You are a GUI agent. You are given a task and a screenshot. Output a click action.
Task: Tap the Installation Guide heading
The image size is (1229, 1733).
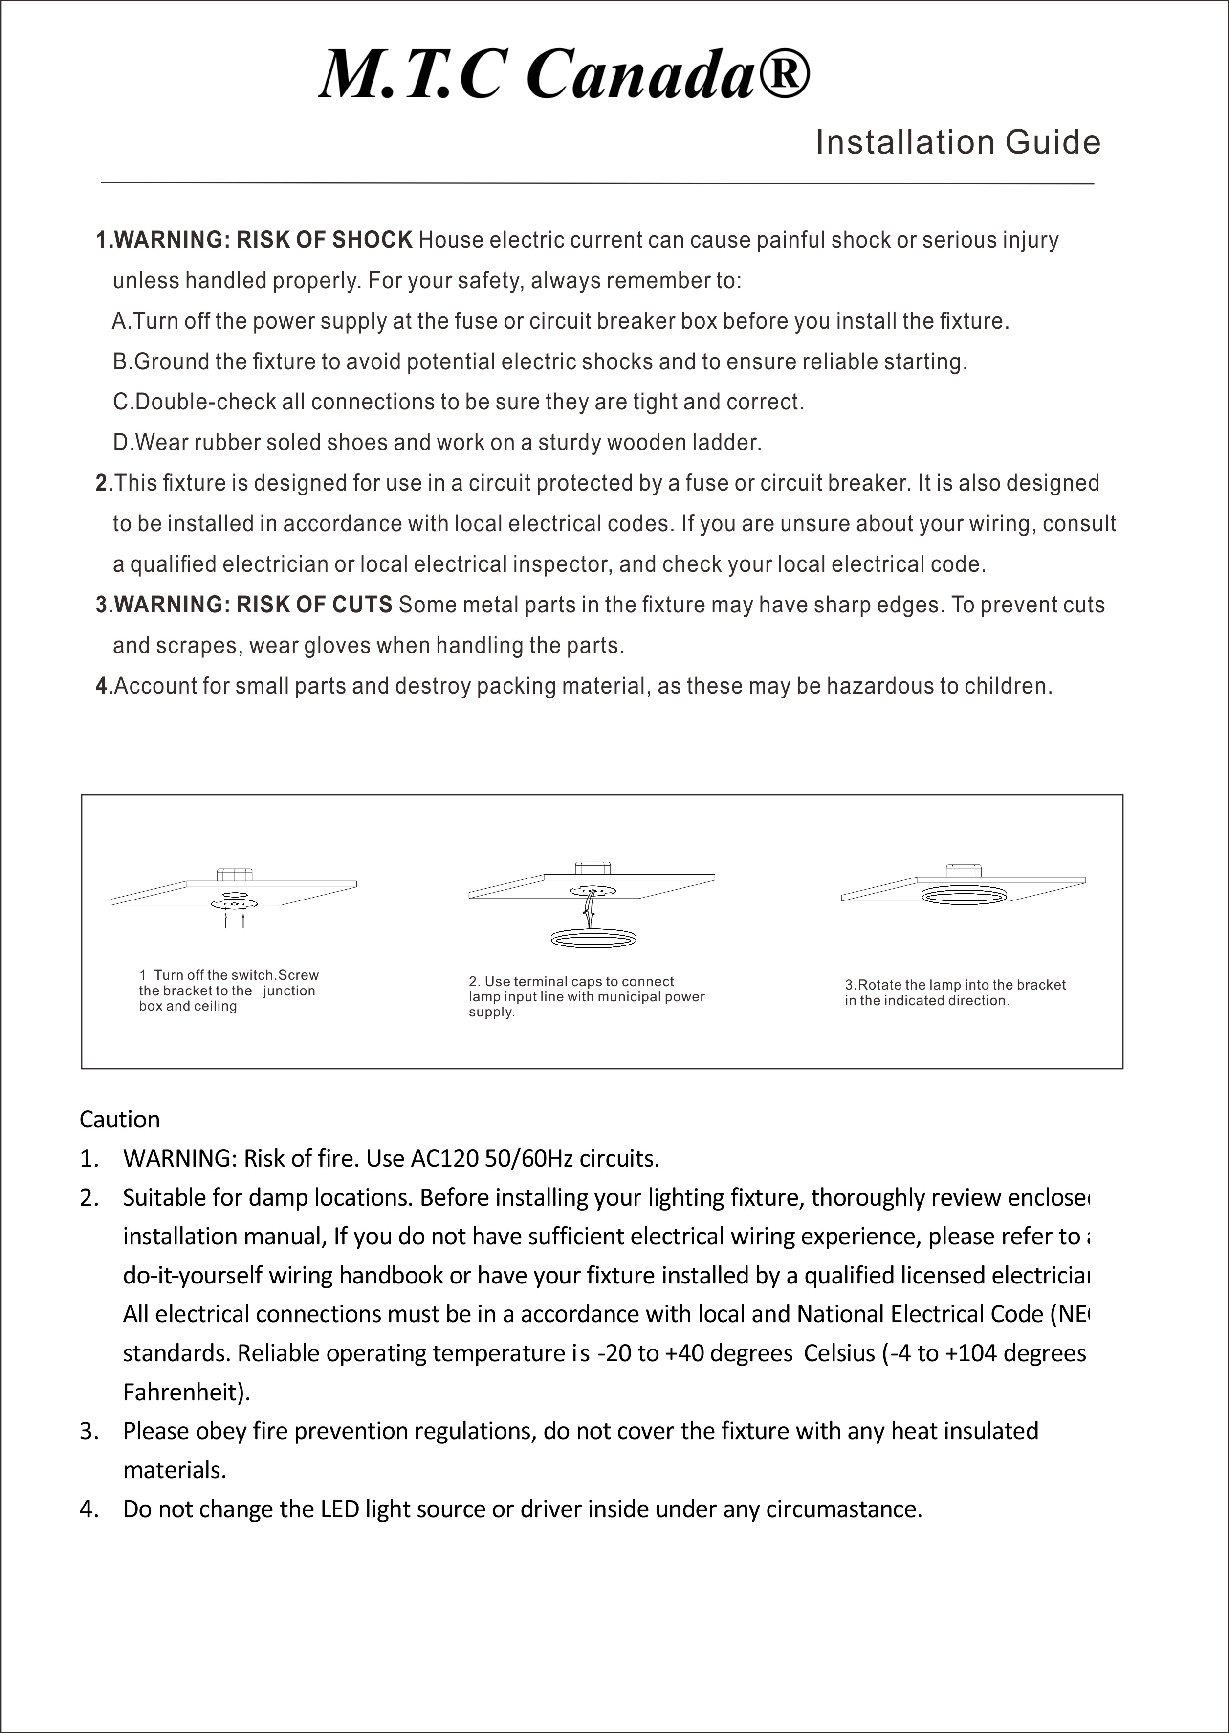click(957, 142)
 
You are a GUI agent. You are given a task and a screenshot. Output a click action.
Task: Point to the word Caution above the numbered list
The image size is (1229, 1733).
click(120, 1119)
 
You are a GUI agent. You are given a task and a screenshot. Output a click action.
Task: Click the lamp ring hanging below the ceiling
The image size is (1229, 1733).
click(592, 939)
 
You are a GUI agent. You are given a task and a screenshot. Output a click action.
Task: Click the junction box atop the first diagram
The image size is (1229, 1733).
click(231, 875)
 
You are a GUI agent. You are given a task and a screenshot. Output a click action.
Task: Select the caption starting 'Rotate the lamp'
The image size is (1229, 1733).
click(955, 992)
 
